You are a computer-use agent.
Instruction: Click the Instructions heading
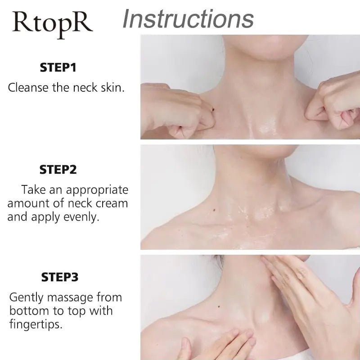[x=188, y=18]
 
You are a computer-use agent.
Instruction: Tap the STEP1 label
[x=58, y=68]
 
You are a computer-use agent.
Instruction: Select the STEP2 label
[x=58, y=170]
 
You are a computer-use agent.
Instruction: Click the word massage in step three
[x=69, y=297]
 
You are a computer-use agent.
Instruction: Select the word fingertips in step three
[x=36, y=324]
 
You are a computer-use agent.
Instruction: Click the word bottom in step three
[x=29, y=310]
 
